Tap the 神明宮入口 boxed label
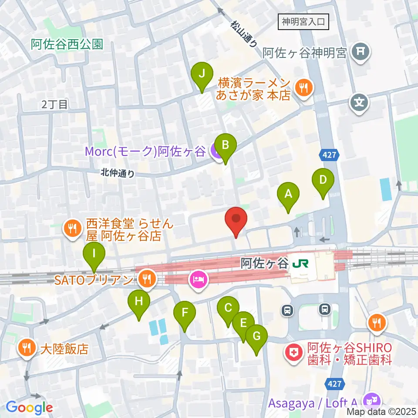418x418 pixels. [x=303, y=21]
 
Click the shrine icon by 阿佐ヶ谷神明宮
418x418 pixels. [x=361, y=52]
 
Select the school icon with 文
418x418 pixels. [x=359, y=103]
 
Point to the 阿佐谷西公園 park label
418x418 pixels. [x=67, y=44]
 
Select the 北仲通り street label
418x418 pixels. [x=117, y=173]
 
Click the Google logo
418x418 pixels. [x=30, y=408]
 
